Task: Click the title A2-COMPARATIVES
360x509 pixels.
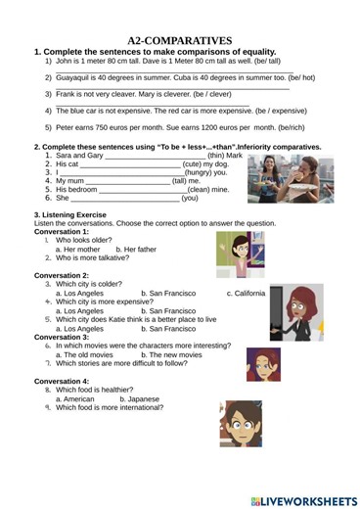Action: pyautogui.click(x=179, y=39)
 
